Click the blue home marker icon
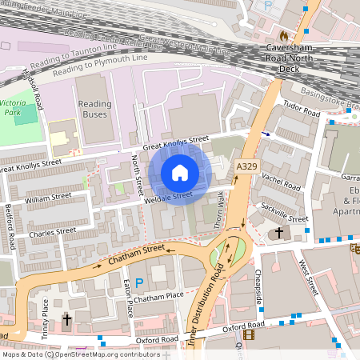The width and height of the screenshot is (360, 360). (x=180, y=173)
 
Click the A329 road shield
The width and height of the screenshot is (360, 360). (x=246, y=166)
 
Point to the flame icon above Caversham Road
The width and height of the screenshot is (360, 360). (x=283, y=36)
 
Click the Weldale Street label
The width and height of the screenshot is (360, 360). (x=168, y=195)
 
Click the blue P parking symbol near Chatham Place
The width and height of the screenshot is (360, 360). (x=139, y=282)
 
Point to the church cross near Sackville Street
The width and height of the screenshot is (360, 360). (x=279, y=234)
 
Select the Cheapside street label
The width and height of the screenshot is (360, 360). (x=258, y=285)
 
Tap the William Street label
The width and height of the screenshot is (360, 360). (x=48, y=197)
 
